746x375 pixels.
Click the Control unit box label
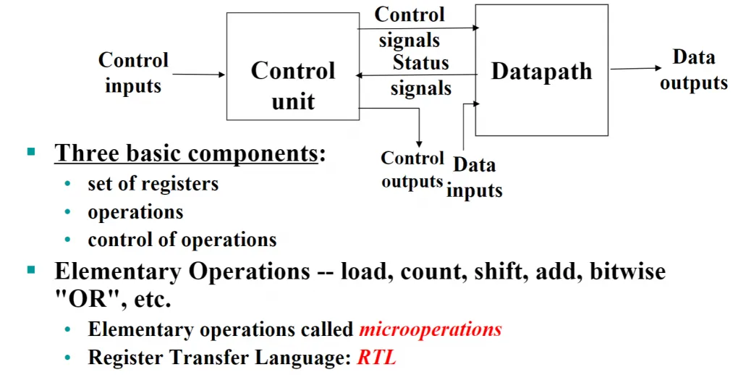[292, 85]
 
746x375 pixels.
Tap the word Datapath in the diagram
[541, 72]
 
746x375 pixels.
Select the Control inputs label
[133, 73]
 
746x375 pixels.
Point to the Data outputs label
[694, 70]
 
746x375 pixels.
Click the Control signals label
[410, 27]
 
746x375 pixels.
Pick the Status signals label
[421, 75]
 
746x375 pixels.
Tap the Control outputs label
[412, 170]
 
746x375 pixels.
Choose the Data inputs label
[475, 177]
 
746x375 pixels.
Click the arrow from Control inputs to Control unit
[198, 75]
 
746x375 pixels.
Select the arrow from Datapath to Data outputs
[635, 69]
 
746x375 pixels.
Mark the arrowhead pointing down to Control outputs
[419, 144]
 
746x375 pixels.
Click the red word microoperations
[430, 329]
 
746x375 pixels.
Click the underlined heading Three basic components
[186, 153]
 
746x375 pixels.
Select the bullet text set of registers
[153, 184]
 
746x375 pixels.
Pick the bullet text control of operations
[182, 240]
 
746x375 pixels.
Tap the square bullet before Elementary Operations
[31, 270]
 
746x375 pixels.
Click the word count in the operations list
[431, 271]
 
